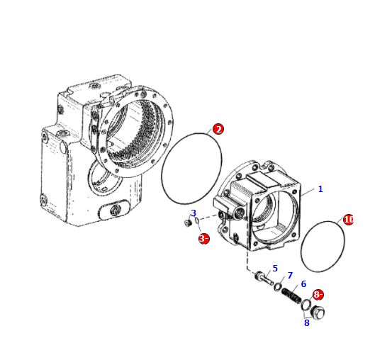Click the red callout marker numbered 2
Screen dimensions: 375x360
click(218, 129)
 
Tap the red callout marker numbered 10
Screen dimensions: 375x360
click(348, 220)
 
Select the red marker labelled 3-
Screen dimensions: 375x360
click(204, 239)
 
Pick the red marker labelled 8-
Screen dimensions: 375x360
click(318, 295)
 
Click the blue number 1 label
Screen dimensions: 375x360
click(320, 189)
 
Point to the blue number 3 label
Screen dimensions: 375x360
click(194, 213)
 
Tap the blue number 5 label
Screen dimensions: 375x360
click(275, 268)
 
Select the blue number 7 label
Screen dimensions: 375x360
click(290, 276)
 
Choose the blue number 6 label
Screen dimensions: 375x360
click(303, 283)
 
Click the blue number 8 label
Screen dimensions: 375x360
click(307, 322)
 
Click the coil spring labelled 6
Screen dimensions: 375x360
click(291, 296)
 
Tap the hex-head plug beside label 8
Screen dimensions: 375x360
click(318, 312)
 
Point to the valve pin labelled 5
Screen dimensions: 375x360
click(264, 278)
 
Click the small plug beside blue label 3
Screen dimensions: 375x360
click(188, 223)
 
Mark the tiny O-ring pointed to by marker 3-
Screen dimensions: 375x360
click(196, 221)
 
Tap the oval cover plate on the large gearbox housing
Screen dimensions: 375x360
click(114, 210)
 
